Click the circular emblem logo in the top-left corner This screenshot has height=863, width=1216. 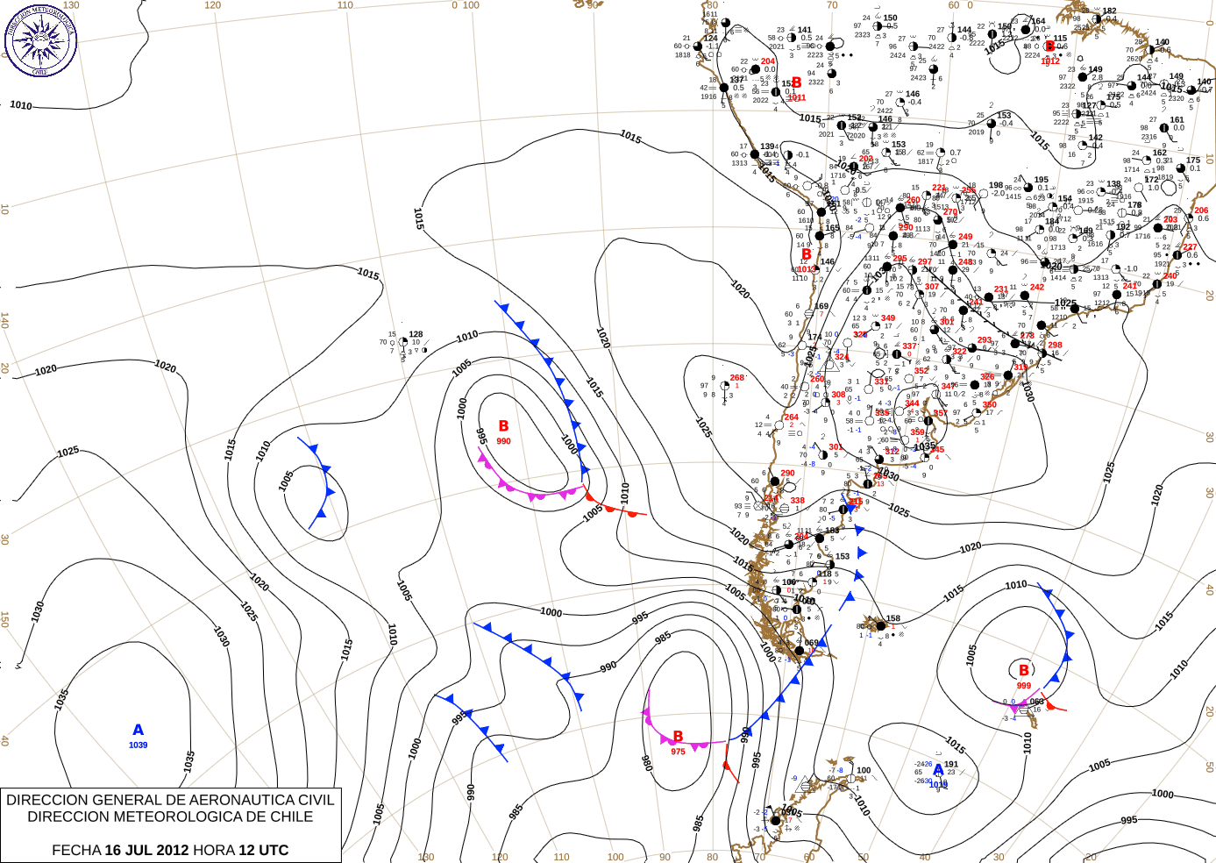[40, 40]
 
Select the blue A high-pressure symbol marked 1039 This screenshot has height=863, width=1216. [138, 730]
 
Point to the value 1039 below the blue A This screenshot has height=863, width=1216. [138, 745]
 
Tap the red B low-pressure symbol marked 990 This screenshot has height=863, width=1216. [503, 426]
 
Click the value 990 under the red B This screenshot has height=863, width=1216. [503, 441]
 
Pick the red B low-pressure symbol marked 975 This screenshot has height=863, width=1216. [678, 737]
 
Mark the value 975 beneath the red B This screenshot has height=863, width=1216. [678, 752]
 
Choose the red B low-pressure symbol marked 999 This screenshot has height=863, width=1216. [1023, 671]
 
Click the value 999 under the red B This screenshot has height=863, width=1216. [1024, 686]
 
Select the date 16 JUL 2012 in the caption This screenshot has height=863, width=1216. [146, 850]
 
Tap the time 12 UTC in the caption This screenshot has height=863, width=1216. [262, 850]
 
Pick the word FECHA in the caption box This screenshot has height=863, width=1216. [76, 850]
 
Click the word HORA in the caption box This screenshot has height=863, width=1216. [213, 850]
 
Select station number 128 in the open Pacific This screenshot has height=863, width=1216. [416, 334]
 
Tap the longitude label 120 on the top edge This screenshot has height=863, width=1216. [212, 5]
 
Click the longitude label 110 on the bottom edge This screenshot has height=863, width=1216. [561, 857]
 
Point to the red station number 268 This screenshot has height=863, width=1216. [736, 378]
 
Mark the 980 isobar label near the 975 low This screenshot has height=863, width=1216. [646, 762]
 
